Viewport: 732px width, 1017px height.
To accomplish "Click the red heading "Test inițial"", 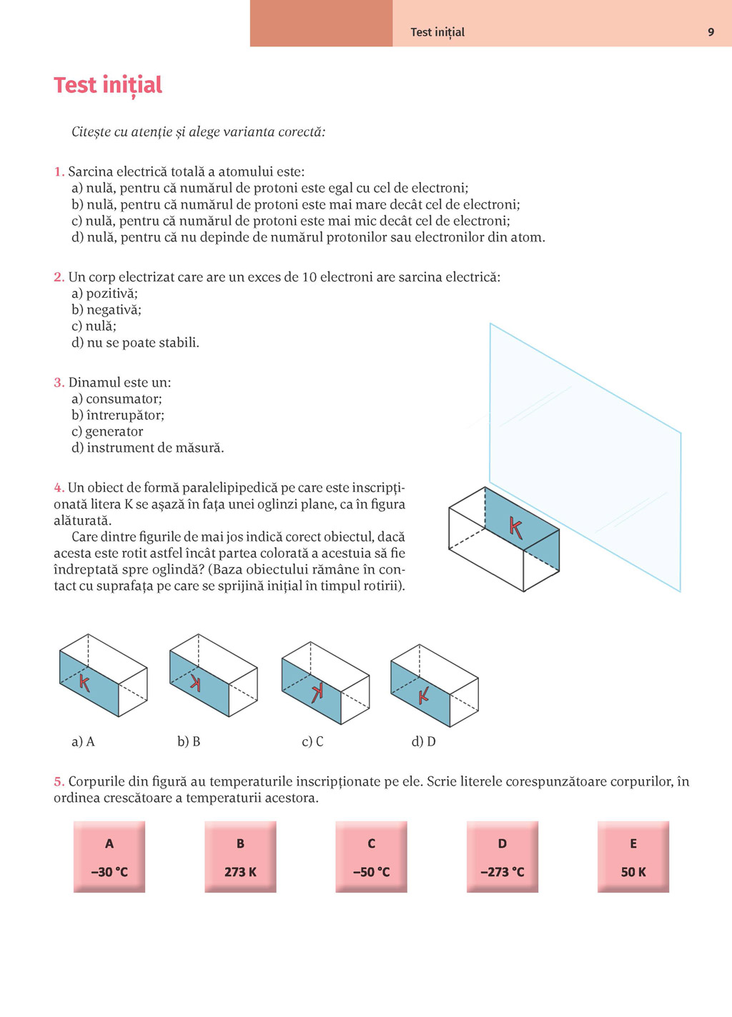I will (x=108, y=85).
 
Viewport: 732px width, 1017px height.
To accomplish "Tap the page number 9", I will (x=711, y=32).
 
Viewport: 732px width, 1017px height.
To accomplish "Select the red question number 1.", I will (x=59, y=171).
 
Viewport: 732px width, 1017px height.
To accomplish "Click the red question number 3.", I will (x=59, y=382).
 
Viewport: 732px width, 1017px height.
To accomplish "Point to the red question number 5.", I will (x=59, y=781).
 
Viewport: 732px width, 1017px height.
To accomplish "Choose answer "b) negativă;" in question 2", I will (x=107, y=309).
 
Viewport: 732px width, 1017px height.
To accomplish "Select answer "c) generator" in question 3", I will (x=107, y=431).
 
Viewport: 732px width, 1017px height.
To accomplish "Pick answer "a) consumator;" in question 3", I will (x=117, y=399).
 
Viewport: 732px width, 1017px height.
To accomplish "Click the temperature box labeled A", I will (x=109, y=856).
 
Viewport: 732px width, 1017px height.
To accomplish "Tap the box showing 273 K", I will (x=240, y=856).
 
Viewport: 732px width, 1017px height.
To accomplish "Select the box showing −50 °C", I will (x=371, y=856).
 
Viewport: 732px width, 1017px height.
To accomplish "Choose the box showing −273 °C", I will (x=503, y=856).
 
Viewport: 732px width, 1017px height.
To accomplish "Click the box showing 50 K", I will (x=633, y=856).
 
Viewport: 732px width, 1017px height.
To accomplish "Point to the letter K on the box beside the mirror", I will (x=515, y=528).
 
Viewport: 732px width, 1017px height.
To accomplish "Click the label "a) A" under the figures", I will (x=83, y=741).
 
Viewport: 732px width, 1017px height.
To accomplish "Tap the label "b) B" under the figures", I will (x=189, y=741).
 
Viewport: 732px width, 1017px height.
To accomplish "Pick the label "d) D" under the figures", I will (x=423, y=741).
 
